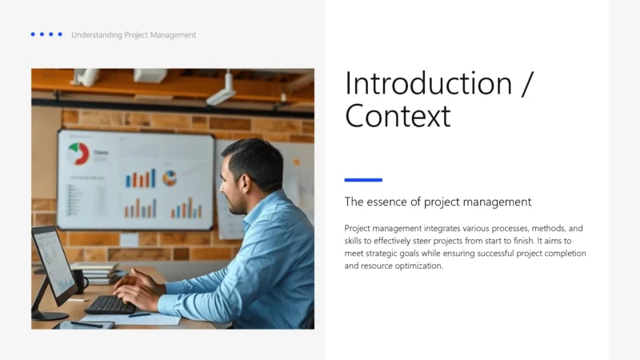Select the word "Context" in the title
(x=398, y=116)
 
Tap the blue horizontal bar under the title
(x=363, y=180)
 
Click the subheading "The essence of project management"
(x=438, y=202)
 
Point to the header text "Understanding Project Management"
(x=134, y=34)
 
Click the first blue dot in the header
(x=33, y=34)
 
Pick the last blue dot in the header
(x=60, y=34)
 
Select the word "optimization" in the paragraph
(x=414, y=266)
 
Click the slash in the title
(x=526, y=84)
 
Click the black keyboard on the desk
(x=110, y=304)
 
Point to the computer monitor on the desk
(x=52, y=264)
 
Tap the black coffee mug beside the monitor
(x=80, y=280)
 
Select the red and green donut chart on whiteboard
(x=78, y=153)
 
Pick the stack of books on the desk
(x=96, y=272)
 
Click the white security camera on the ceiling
(x=222, y=92)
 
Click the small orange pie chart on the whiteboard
(x=170, y=178)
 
